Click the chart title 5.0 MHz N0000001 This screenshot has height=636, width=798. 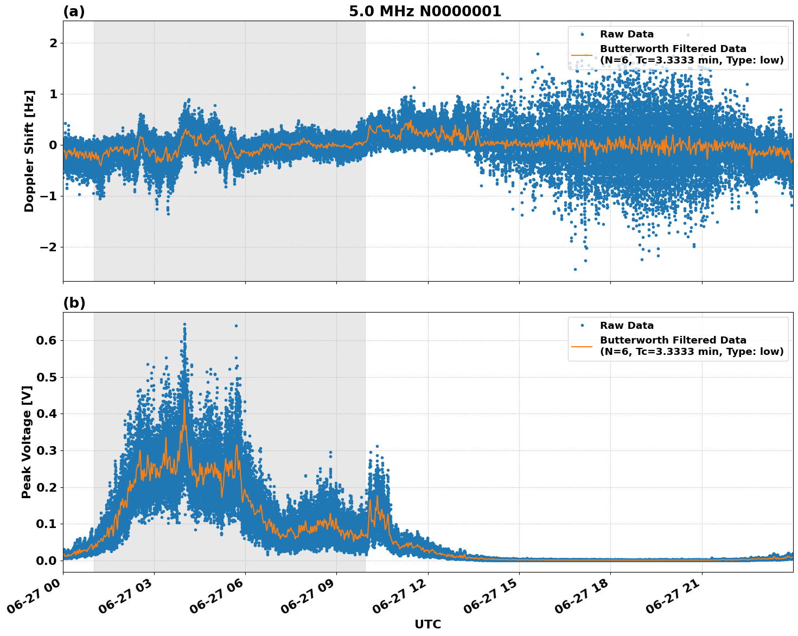coord(425,11)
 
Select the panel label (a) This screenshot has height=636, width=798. coord(74,11)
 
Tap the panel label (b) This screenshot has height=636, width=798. coord(74,303)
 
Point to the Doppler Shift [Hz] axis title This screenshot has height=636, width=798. coord(29,151)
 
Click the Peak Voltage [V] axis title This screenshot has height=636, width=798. coord(27,442)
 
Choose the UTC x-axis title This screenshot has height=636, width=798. coord(427,624)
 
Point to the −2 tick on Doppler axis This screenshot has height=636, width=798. coord(49,247)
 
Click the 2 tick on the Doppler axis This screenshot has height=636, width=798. coord(53,43)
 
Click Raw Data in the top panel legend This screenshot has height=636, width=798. coord(627,34)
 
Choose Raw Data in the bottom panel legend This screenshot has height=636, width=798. coord(627,326)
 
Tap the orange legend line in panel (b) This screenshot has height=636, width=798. coord(582,346)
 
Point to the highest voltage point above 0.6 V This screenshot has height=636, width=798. coord(184,325)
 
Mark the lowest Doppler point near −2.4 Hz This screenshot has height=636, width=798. coord(575,269)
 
